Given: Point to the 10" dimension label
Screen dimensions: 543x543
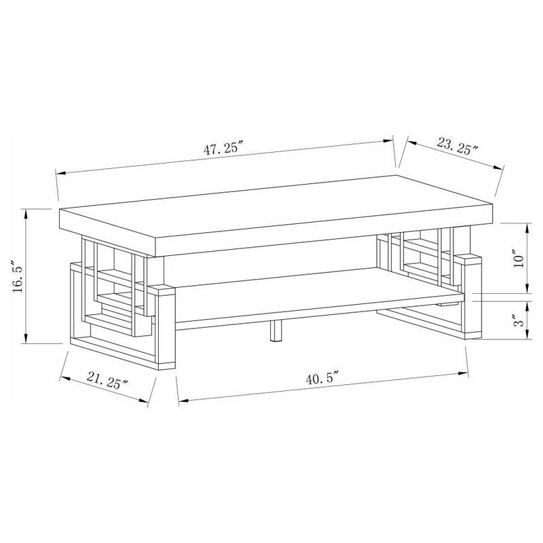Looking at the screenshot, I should coord(519,258).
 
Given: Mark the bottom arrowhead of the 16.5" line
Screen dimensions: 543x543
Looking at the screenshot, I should coord(26,341).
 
